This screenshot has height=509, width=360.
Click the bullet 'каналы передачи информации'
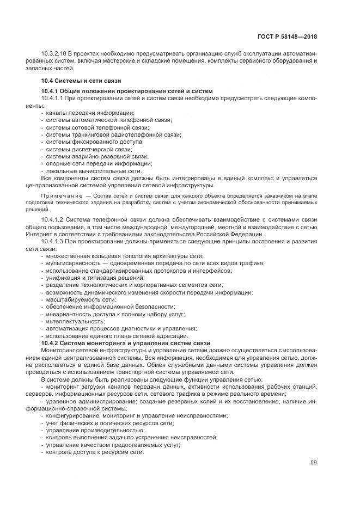(79, 112)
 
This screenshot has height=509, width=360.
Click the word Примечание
(59, 195)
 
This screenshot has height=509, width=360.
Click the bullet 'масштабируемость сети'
(81, 299)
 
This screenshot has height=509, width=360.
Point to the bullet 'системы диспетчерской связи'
(89, 149)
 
